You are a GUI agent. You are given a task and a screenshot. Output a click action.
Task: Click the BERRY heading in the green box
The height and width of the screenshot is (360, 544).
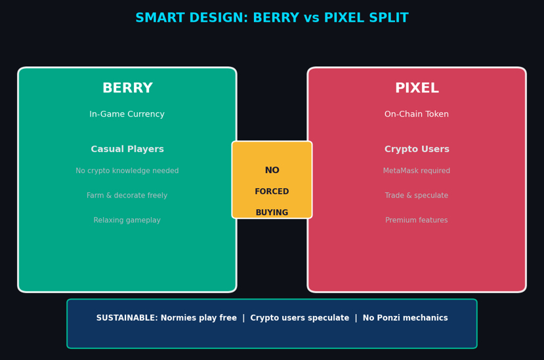point(127,89)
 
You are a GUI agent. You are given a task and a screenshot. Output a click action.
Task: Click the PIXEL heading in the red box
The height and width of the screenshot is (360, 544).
point(417,89)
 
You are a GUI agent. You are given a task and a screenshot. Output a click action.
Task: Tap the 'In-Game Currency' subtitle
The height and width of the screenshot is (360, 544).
point(127,115)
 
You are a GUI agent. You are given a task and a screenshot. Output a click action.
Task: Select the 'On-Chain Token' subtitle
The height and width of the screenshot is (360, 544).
point(417,115)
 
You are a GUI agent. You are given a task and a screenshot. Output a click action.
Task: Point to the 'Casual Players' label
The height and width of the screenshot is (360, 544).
point(127,150)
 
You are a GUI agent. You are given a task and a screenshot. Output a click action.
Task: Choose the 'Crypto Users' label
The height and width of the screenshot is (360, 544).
point(417,150)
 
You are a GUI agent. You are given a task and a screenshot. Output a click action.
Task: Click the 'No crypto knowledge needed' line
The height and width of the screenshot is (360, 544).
point(127,171)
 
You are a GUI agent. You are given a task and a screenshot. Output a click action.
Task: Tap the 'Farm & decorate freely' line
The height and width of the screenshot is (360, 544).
point(127,196)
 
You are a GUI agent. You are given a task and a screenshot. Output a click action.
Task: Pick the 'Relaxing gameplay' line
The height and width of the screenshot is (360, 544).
point(127,221)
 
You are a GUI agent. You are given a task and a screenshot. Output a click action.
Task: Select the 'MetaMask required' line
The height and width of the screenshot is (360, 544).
point(417,171)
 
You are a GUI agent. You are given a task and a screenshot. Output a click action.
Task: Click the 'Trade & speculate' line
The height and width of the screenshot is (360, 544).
point(417,196)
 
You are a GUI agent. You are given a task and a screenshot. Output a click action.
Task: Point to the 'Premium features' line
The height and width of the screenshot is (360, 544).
point(417,221)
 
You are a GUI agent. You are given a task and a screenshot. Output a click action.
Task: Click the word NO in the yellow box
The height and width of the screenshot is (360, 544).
point(272,170)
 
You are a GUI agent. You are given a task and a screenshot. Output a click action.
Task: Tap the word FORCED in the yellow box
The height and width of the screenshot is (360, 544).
point(272,192)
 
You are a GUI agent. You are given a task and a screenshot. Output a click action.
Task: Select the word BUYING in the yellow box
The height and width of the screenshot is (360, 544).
point(272,212)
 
